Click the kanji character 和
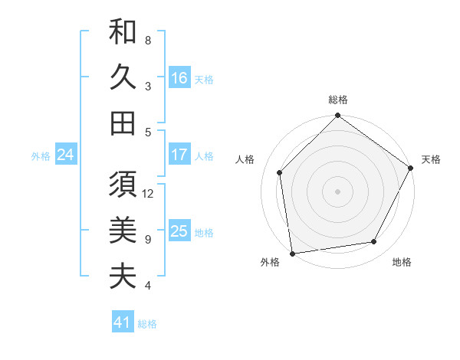123,33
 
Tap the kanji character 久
123,78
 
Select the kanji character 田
123,123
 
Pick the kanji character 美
123,231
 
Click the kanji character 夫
123,276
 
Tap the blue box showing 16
179,77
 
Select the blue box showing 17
179,155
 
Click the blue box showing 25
179,231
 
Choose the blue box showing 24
65,155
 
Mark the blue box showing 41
123,322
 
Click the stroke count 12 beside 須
149,194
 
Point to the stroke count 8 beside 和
148,40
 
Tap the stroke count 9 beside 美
148,239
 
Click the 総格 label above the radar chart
337,100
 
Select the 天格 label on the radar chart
431,159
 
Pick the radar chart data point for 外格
292,253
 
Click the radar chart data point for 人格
280,172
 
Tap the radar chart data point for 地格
374,241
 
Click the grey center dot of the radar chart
337,191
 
